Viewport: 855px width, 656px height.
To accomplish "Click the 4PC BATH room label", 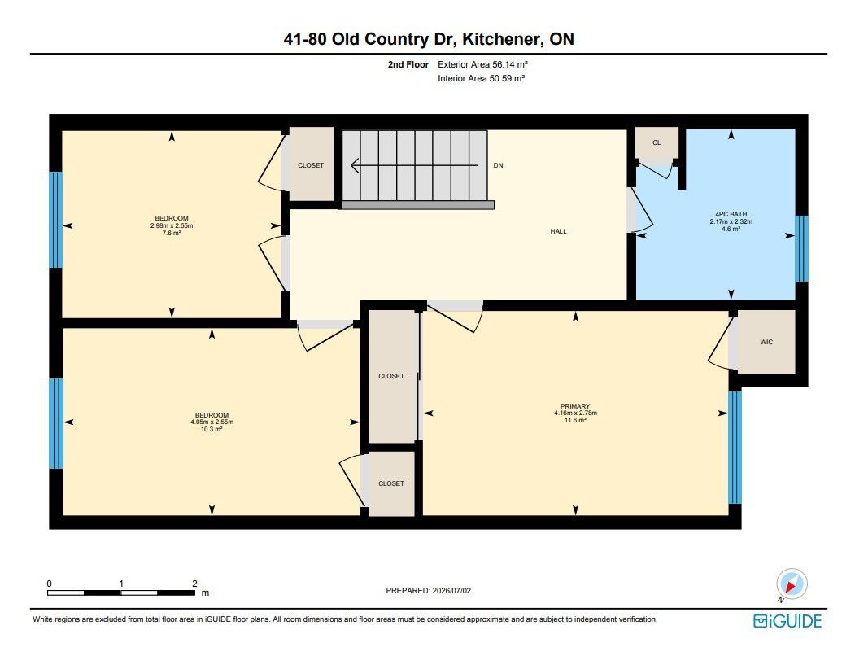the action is tap(731, 215).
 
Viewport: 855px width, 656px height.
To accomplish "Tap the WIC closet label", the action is tap(766, 342).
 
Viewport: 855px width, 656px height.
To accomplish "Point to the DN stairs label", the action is tap(498, 165).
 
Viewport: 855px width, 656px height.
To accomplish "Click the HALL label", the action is tap(558, 231).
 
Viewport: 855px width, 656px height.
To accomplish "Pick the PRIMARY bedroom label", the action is tap(575, 406).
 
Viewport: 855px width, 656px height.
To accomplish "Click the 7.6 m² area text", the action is tap(172, 233).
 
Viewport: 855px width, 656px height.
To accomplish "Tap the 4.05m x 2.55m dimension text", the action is tap(212, 422).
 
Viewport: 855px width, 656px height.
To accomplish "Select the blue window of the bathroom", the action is tap(801, 249).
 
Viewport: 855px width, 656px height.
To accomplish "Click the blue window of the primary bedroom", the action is tap(735, 447).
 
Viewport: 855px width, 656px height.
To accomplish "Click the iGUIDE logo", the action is tap(787, 621).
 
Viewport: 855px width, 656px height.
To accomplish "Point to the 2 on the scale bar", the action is tap(194, 584).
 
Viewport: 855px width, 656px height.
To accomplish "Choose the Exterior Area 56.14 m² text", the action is tap(482, 64).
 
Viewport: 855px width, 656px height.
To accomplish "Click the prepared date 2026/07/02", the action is tap(451, 591).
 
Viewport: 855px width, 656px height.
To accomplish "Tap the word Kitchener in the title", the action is tap(502, 39).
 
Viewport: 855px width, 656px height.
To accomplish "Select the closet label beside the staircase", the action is tap(311, 165).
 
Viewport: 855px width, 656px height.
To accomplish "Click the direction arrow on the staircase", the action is tap(414, 165).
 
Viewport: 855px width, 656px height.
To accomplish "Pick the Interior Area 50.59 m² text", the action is tap(481, 79).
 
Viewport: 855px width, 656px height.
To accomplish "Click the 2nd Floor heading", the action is tap(408, 64).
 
